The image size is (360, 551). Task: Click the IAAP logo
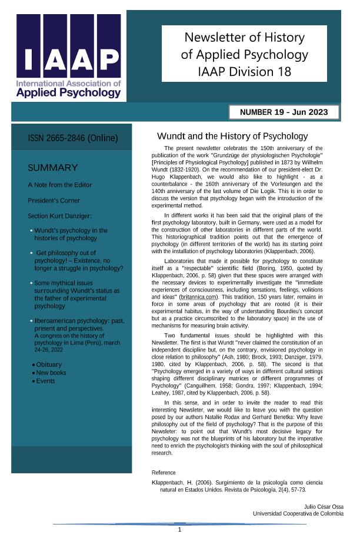point(69,57)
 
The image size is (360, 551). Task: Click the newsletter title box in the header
point(244,55)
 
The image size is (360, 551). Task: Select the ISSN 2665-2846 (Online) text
point(73,138)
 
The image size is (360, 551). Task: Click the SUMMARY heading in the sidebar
point(53,168)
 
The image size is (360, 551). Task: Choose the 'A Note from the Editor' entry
point(60,185)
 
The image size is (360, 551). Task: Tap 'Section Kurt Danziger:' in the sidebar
point(60,216)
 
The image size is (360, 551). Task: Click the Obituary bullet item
point(48,365)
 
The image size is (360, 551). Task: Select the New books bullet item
point(51,373)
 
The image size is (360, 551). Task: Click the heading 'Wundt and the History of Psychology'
point(232,137)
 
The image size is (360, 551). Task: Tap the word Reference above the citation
point(164,473)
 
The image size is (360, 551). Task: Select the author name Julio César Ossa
point(324,507)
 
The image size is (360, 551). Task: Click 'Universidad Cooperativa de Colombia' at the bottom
point(298,514)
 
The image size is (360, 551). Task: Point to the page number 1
point(179,530)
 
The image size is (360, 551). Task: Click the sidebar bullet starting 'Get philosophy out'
point(79,260)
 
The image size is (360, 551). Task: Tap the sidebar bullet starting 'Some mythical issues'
point(76,294)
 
